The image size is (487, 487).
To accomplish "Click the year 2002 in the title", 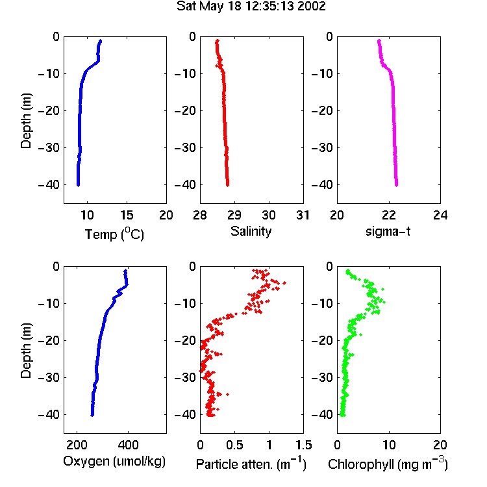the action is coord(312,6).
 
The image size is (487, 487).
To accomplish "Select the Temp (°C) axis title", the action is coord(114,234).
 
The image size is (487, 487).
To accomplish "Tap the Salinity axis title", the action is coord(251,231).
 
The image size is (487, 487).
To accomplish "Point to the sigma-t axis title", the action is coord(388,231).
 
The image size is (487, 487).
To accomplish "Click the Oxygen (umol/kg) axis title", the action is coord(114,461).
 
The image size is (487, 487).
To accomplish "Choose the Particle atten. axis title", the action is coord(251,464).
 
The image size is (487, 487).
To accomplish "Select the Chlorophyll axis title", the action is coord(388,464).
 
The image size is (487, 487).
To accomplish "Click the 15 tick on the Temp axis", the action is coord(127,215).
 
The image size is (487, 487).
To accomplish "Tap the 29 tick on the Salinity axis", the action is coord(234,215).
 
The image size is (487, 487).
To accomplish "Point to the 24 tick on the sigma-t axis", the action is coord(440,215).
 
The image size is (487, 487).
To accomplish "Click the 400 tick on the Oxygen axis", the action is coord(128,445).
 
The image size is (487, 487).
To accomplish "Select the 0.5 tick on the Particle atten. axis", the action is coord(234,445).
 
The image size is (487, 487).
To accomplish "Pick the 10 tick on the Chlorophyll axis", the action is coord(389,445).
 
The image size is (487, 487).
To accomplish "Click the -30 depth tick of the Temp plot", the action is coord(49,147).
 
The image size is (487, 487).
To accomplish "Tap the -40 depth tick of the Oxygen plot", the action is coord(49,414).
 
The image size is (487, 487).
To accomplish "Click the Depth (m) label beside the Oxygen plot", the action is coord(26,351).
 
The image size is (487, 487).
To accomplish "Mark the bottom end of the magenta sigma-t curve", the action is coord(396,185).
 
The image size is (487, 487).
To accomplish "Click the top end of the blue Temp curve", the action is coord(100,41).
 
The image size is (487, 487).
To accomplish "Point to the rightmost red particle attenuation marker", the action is coord(284,283).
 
